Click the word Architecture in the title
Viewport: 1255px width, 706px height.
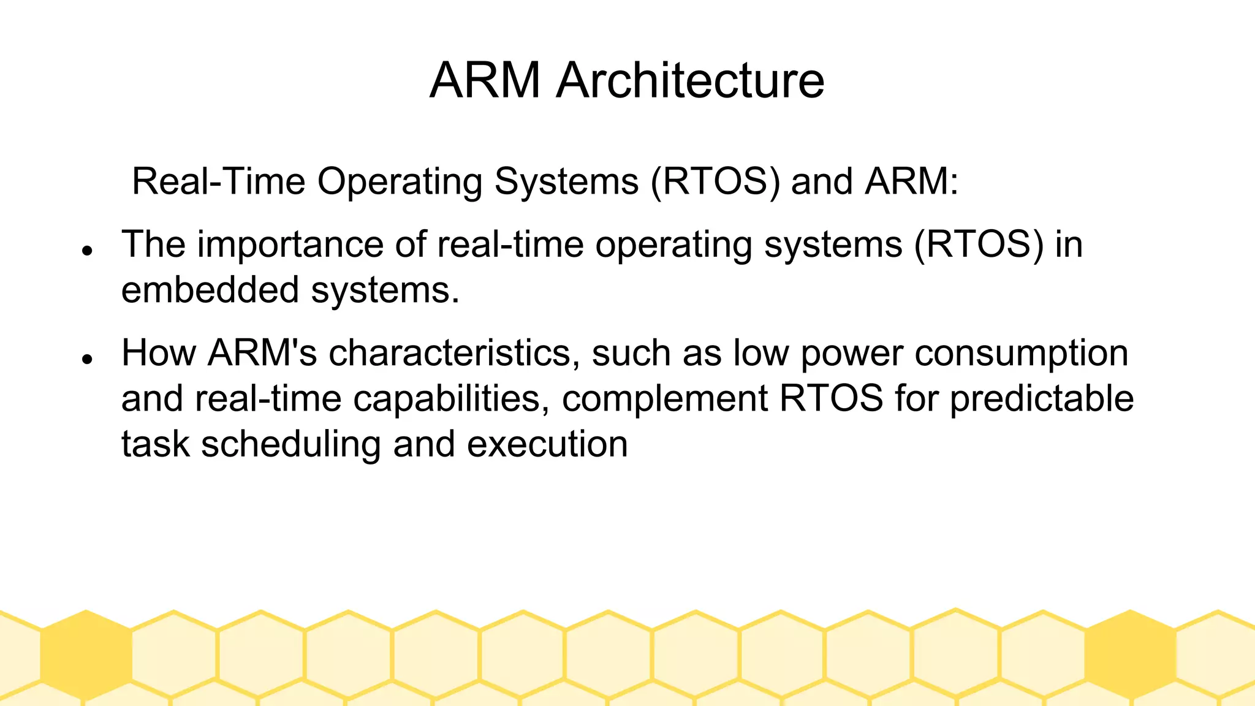(690, 80)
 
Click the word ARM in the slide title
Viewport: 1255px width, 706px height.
(485, 80)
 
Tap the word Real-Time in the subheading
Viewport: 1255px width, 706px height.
(219, 181)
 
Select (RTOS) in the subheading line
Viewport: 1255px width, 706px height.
(715, 181)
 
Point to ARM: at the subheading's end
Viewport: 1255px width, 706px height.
(911, 181)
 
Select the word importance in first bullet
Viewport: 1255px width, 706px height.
(290, 245)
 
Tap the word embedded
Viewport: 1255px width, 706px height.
(210, 290)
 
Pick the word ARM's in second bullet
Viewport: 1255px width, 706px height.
(262, 353)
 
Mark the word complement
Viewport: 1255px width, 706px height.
(664, 398)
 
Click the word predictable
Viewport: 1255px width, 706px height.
(1042, 398)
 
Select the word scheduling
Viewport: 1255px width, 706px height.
(291, 444)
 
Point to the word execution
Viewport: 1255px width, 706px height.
(547, 444)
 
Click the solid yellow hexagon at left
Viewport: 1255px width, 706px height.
(86, 655)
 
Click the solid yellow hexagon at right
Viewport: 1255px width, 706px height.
(1129, 655)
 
